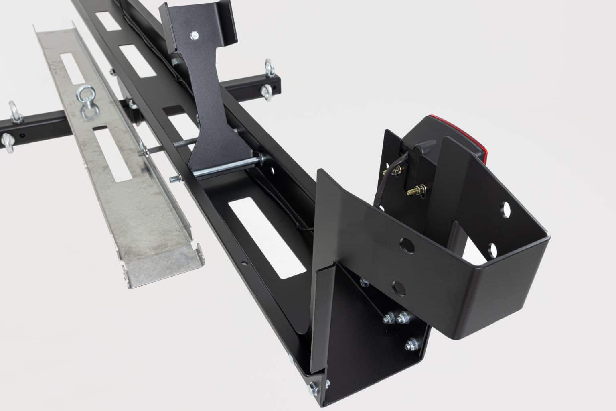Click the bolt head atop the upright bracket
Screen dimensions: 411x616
194,36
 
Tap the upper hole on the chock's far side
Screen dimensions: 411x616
505,211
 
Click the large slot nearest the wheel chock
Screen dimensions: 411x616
264,238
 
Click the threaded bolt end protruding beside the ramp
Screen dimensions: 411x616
176,179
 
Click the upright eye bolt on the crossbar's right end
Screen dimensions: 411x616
268,66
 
